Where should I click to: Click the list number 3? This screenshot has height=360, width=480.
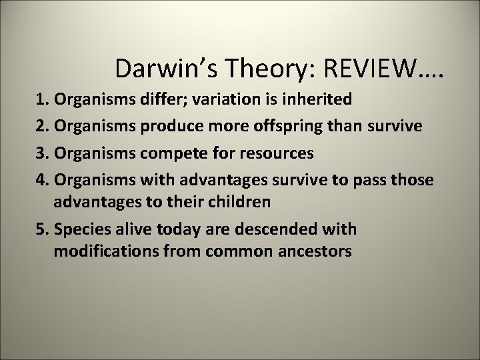(41, 154)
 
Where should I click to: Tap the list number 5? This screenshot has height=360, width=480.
(41, 229)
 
